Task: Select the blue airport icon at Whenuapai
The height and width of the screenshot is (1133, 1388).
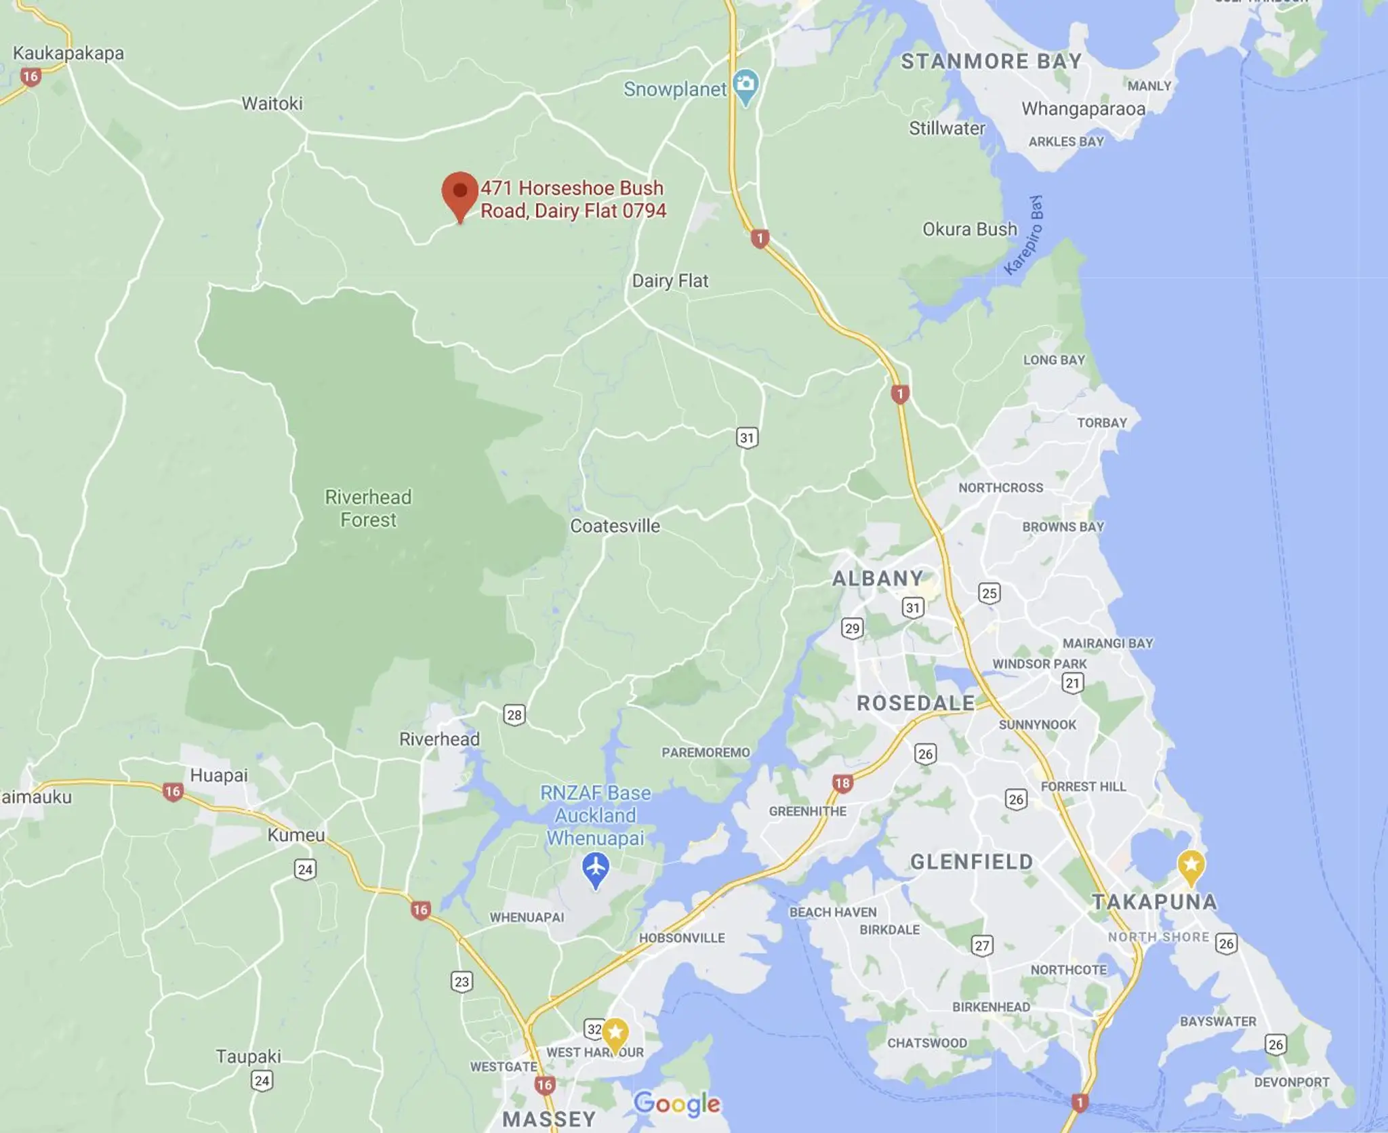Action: coord(596,868)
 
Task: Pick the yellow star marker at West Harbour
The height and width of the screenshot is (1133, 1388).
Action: coord(615,1033)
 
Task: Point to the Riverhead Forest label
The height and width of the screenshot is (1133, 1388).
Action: coord(368,508)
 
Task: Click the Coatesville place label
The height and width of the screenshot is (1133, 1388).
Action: coord(615,526)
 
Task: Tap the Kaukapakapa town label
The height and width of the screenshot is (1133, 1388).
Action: coord(68,54)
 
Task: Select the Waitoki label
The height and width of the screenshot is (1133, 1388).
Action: coord(272,104)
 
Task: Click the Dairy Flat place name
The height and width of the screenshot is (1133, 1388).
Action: coord(670,281)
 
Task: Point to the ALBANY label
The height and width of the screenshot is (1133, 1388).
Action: coord(878,578)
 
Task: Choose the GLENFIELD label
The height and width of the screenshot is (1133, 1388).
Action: coord(971,862)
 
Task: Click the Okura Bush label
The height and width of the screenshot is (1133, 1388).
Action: coord(970,230)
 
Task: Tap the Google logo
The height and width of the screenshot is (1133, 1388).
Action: coord(676,1103)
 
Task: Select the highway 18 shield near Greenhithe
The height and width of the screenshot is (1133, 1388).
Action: coord(842,784)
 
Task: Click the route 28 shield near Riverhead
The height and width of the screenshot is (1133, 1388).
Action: coord(514,715)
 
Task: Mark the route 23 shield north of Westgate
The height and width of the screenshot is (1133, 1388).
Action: coord(462,982)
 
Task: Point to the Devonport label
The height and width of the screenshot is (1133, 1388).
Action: coord(1291,1082)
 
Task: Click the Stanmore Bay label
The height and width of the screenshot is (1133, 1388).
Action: coord(991,62)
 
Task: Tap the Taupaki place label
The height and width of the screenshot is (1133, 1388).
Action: coord(248,1056)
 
